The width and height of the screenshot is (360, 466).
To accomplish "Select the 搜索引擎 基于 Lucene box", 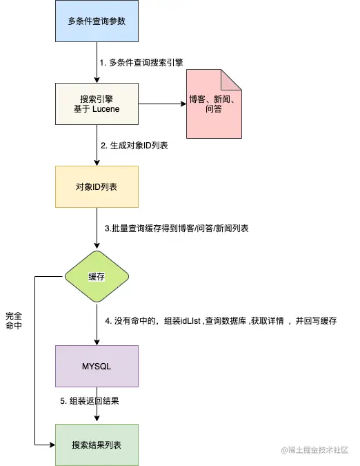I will pos(97,104).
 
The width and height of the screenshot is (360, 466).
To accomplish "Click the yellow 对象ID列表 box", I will pos(97,186).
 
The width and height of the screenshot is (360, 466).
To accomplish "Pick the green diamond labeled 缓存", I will pos(97,276).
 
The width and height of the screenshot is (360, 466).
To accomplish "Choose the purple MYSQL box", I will pos(97,366).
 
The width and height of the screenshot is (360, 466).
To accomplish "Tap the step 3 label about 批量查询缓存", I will pos(175,228).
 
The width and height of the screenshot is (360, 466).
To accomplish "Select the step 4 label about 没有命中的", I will pos(220,321).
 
